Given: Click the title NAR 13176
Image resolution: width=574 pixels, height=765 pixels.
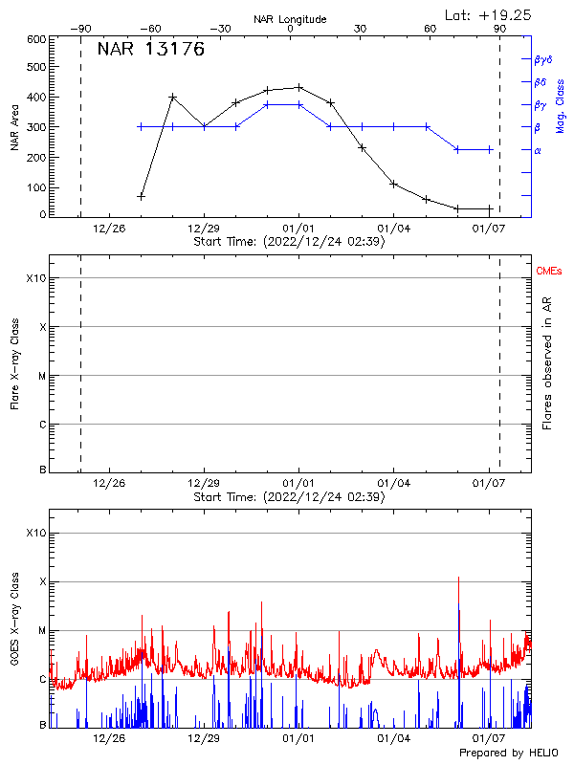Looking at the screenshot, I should [x=150, y=51].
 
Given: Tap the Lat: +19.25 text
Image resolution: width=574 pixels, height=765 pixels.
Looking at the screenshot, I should [x=490, y=14].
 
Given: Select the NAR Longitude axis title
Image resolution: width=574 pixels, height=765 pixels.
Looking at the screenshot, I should [x=290, y=19].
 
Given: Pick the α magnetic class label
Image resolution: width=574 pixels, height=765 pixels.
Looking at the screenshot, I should [x=537, y=150].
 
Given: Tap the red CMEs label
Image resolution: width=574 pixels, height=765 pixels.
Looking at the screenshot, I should [x=550, y=273].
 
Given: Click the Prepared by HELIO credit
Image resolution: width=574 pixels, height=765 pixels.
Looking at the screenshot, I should [x=509, y=754].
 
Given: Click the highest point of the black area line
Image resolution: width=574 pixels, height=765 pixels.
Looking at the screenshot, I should [x=299, y=87].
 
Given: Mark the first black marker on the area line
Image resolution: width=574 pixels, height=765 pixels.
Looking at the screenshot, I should [x=141, y=196].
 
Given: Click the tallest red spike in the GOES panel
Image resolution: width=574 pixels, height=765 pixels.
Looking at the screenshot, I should [x=459, y=578].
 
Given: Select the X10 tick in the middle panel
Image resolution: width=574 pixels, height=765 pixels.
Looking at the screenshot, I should [x=35, y=278].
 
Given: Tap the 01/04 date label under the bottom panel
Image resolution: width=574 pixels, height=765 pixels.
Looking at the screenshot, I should [x=393, y=738].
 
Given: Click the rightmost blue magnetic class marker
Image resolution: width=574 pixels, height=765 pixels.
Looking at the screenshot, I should [x=490, y=149].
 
